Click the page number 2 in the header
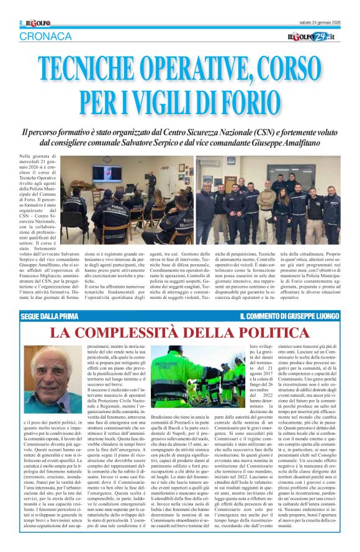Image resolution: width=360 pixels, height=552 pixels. [x=21, y=23]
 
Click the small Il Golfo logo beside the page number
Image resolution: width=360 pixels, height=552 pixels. [x=36, y=23]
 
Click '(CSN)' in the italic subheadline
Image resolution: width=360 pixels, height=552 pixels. [x=273, y=132]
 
